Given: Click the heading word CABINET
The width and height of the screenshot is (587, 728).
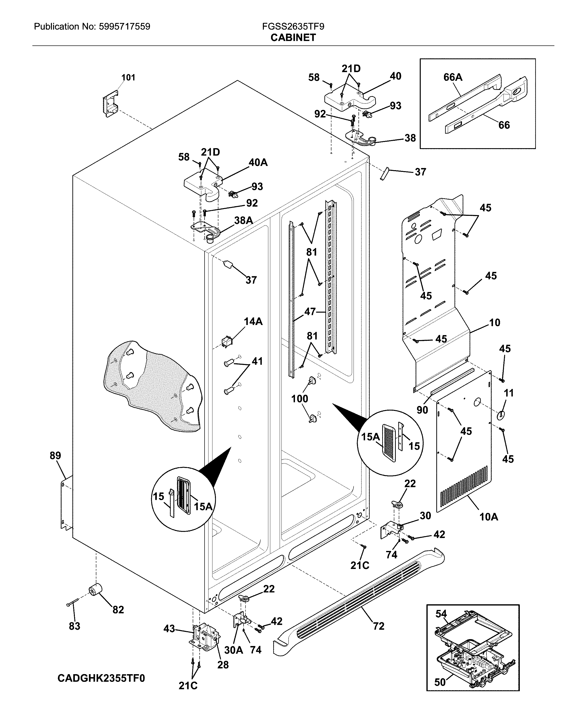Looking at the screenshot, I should (x=293, y=38).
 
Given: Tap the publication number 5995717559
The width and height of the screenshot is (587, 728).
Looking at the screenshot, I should (x=125, y=27).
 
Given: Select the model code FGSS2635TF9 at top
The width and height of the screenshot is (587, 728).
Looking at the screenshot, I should (x=293, y=27).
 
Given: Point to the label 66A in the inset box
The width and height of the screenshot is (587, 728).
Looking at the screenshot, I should (x=453, y=77).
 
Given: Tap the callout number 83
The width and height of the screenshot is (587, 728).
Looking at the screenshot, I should (x=74, y=626).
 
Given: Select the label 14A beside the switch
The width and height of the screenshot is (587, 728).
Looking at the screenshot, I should (x=253, y=322).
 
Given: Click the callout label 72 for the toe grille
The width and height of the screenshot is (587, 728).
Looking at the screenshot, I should (x=379, y=626).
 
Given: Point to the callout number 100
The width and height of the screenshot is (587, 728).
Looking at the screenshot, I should (x=300, y=399).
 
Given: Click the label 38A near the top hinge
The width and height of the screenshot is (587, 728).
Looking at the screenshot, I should (x=243, y=220).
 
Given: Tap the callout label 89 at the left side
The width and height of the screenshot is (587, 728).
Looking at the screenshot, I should (x=55, y=455).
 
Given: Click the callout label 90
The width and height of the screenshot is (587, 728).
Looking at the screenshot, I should (x=422, y=410).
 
